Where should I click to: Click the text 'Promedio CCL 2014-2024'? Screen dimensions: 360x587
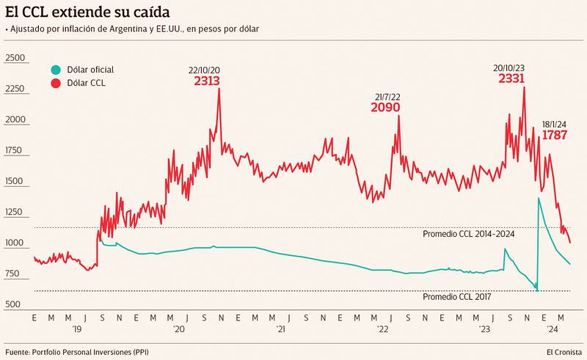[x=469, y=234]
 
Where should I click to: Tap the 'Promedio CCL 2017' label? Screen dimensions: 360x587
[x=456, y=297]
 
